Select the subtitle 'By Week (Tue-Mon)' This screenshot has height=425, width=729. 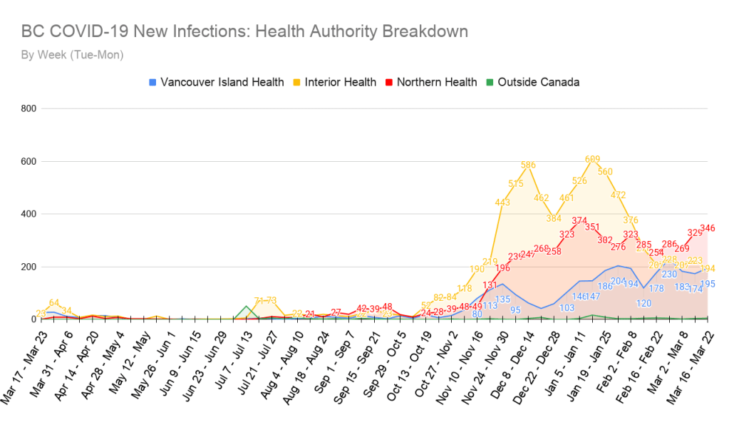(x=72, y=55)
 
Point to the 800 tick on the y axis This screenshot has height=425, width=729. (x=29, y=108)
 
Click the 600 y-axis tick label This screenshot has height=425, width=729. (x=29, y=161)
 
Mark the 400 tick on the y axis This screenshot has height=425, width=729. (x=29, y=214)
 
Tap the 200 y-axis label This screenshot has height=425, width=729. (x=29, y=267)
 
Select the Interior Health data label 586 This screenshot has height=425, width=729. (x=528, y=165)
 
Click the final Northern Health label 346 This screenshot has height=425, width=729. (x=707, y=228)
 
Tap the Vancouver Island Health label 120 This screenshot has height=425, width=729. (x=643, y=303)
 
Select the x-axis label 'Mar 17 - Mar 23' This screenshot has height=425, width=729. (x=28, y=371)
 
